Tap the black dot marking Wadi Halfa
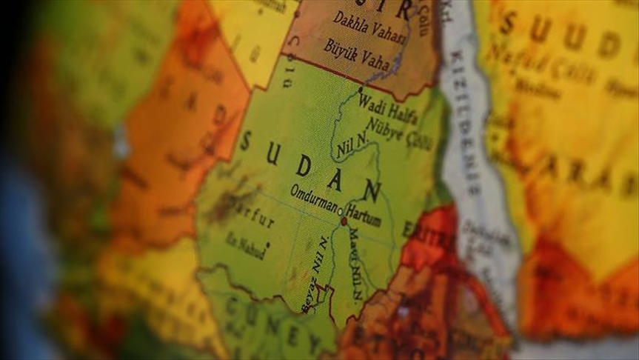pyautogui.click(x=361, y=90)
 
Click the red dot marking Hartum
pyautogui.click(x=343, y=221)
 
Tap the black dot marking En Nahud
pyautogui.click(x=267, y=243)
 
